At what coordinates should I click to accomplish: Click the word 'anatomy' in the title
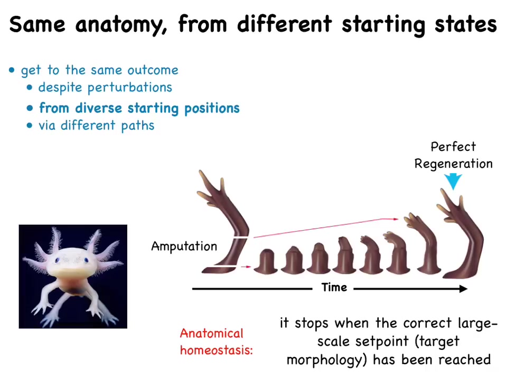coord(121,25)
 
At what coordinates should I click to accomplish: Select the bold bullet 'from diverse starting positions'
coord(139,108)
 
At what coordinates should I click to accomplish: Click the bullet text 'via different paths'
coord(96,126)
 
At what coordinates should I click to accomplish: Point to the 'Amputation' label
coord(184,246)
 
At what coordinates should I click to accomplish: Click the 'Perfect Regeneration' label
coord(453,155)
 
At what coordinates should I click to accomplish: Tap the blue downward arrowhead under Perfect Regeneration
coord(453,182)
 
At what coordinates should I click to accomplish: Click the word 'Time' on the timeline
coord(334,287)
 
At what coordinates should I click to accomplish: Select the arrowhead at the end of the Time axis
coord(463,289)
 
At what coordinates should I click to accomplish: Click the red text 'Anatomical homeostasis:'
coord(217,342)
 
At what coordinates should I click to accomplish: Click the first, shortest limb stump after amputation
coord(266,261)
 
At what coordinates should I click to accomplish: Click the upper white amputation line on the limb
coord(241,238)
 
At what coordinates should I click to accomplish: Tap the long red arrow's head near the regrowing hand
coord(396,219)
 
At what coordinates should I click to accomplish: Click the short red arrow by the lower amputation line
coord(246,267)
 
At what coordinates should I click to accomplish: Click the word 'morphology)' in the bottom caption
coord(326,360)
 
